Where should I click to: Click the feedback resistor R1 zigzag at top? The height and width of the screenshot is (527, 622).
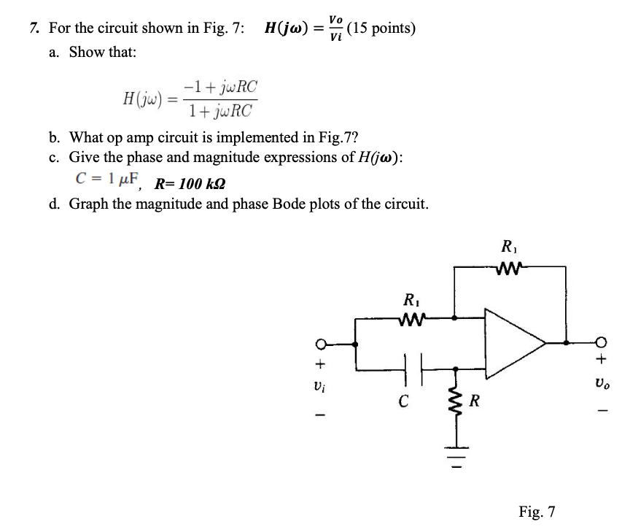(510, 269)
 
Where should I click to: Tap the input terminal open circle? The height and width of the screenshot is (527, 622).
(319, 343)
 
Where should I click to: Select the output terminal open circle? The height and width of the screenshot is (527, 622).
(599, 342)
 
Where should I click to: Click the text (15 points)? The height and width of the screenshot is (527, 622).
(382, 28)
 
